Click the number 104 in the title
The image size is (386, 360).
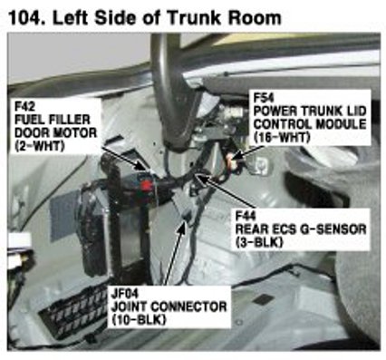click(25, 18)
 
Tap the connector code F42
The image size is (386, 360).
click(24, 106)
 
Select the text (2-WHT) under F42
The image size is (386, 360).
click(40, 146)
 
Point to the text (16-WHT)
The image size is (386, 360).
click(282, 138)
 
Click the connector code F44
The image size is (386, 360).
click(246, 216)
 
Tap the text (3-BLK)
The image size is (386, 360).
click(259, 242)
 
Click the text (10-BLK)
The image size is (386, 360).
click(139, 320)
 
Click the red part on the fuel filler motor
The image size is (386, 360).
click(147, 185)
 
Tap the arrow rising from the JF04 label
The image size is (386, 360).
click(173, 254)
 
